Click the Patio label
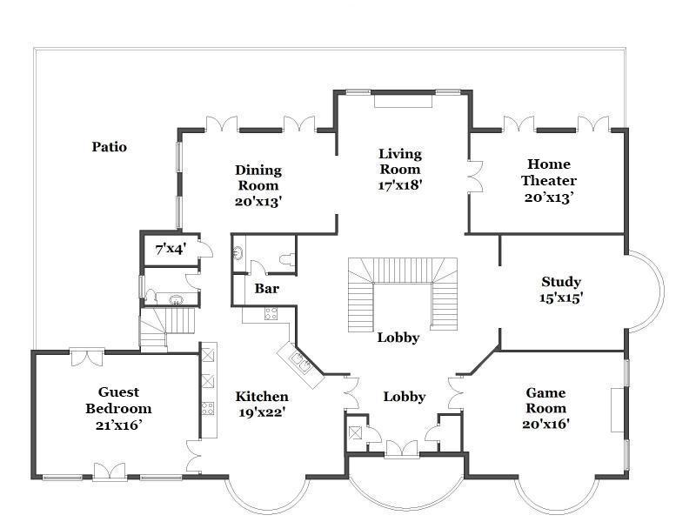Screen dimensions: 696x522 (x=110, y=147)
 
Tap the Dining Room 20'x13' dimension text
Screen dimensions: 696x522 (x=258, y=202)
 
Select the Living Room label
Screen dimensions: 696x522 (x=400, y=162)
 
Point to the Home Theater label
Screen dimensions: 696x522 (x=549, y=172)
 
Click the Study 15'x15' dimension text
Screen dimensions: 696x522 (x=561, y=298)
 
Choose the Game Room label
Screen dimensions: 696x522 (x=546, y=400)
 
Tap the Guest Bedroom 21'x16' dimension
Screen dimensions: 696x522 (x=118, y=425)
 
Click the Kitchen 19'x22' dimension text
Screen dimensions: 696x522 (x=262, y=412)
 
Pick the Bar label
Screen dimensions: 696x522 (x=267, y=289)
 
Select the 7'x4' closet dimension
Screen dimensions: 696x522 (x=171, y=250)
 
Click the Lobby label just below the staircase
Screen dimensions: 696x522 (x=398, y=338)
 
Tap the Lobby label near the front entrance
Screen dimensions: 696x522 (x=405, y=397)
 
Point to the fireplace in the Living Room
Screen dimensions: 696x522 (x=403, y=100)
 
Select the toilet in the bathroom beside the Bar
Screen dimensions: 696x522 (x=287, y=259)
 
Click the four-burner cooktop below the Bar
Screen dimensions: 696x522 (x=271, y=314)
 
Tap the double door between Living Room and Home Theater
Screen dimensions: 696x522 (x=475, y=177)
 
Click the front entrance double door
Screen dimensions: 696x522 (x=402, y=448)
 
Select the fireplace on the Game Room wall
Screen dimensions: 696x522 (x=618, y=410)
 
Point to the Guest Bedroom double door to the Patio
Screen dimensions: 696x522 (x=87, y=357)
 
